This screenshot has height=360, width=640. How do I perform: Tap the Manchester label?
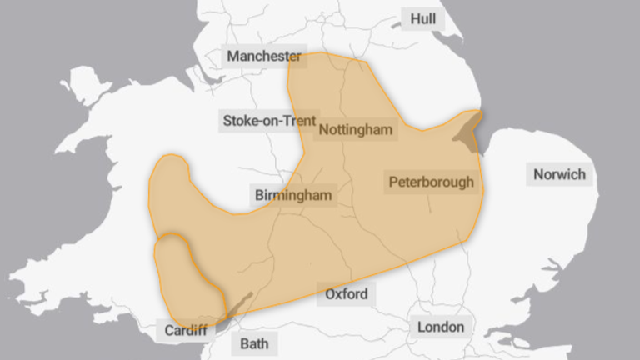tap(264, 57)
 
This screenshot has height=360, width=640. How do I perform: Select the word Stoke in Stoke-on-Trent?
tap(240, 121)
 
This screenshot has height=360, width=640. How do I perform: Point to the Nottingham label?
tap(355, 130)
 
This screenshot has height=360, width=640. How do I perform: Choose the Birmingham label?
tap(293, 196)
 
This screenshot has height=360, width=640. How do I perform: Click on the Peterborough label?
tap(431, 182)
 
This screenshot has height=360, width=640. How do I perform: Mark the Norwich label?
tap(560, 175)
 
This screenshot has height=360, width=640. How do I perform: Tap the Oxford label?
tap(346, 294)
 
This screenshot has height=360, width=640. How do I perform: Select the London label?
tap(441, 327)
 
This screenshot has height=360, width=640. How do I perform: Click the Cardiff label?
tap(185, 330)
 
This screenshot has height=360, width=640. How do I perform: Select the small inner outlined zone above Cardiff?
tap(183, 275)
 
